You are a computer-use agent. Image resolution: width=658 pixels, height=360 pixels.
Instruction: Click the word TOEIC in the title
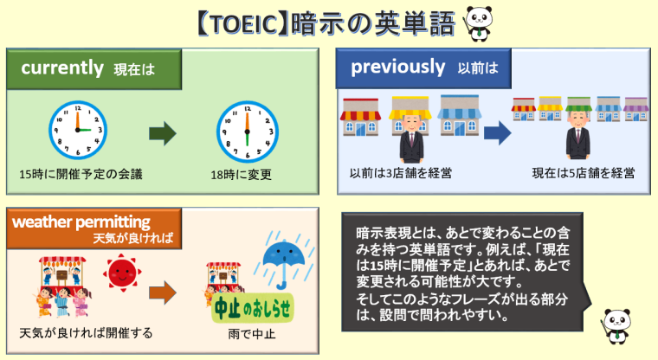pos(242,24)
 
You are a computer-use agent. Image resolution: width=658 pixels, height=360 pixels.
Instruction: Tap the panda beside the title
pos(478,24)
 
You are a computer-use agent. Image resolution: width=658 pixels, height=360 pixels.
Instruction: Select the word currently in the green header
pos(62,68)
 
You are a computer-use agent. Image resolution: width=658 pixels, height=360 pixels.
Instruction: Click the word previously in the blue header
pos(397,67)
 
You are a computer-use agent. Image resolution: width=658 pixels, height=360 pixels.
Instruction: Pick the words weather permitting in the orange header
pos(81,222)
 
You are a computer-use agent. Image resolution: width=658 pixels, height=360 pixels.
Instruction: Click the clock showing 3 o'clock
pos(78,130)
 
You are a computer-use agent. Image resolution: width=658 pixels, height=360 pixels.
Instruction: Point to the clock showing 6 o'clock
pos(247,132)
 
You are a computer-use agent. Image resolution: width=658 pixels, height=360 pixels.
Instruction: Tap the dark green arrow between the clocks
pos(163,134)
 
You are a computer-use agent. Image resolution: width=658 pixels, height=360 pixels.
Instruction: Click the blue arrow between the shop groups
pos(497,133)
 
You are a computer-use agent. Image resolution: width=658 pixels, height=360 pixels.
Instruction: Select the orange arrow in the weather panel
pos(163,292)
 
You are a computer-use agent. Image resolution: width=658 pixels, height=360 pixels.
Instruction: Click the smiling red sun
pos(122,273)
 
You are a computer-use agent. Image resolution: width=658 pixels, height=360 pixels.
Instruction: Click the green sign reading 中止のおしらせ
pos(253,309)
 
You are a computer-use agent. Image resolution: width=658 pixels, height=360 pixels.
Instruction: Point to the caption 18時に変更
pos(241,175)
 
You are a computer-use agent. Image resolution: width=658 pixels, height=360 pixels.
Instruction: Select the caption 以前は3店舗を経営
pos(401,173)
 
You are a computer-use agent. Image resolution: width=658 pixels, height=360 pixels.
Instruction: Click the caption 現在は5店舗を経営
pos(584,173)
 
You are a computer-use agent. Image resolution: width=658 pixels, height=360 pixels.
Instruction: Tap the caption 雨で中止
pos(251,334)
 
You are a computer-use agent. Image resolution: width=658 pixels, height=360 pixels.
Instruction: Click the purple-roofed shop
pos(635,109)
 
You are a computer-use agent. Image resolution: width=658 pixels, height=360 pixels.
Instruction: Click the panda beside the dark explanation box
pos(616,326)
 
